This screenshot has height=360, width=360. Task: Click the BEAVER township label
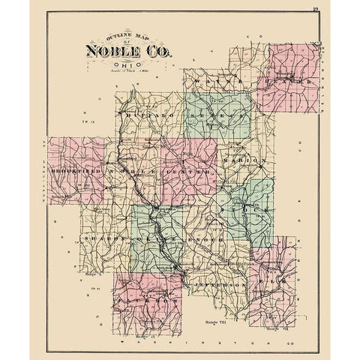point(288,79)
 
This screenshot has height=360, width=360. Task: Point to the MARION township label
point(244,160)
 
